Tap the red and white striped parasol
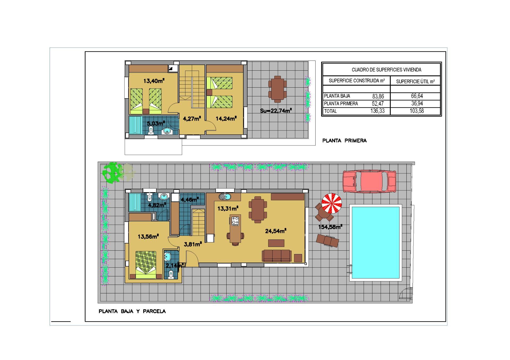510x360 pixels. click(x=331, y=203)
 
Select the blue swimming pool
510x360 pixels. click(x=376, y=243)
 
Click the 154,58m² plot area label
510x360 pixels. click(x=330, y=227)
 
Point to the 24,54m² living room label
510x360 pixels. click(x=276, y=231)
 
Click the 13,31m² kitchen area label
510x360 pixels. click(x=228, y=208)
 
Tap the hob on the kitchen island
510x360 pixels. click(x=235, y=221)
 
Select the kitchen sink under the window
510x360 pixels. click(x=225, y=197)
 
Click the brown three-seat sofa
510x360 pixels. click(x=277, y=255)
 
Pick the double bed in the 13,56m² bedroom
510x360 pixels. click(x=146, y=265)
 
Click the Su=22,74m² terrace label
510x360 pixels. click(x=276, y=110)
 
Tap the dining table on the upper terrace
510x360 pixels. click(x=278, y=89)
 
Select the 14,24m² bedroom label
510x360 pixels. click(x=226, y=118)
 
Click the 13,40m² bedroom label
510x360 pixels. click(x=154, y=81)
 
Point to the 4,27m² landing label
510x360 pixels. click(x=192, y=118)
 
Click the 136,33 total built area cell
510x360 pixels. click(x=377, y=111)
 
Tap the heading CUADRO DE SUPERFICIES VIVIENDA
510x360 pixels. click(x=386, y=70)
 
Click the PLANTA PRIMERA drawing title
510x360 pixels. click(x=345, y=141)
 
